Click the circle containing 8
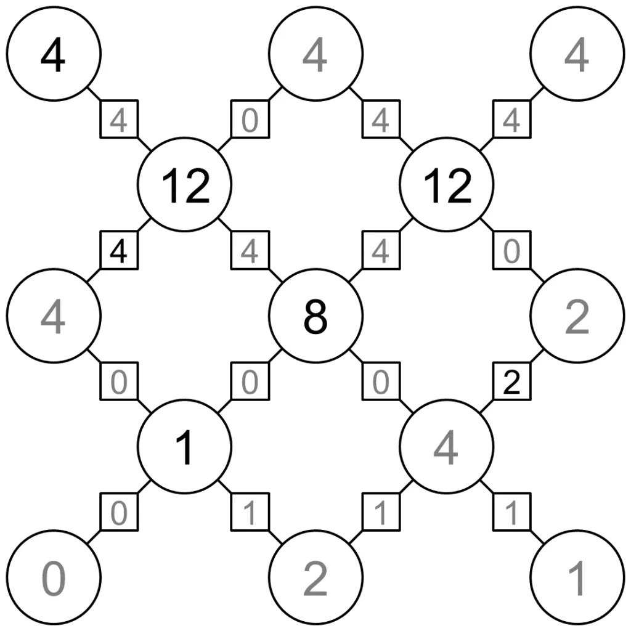(316, 316)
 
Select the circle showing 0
(54, 577)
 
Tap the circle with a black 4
(54, 54)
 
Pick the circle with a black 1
(185, 447)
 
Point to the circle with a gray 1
(577, 577)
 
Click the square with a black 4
(119, 250)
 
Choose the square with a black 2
(512, 381)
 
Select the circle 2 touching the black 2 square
(577, 316)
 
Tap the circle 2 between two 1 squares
(316, 577)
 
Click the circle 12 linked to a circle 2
(447, 185)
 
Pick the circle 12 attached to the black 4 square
(185, 185)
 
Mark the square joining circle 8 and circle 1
(250, 381)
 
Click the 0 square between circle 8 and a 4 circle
(381, 381)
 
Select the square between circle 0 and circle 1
(119, 512)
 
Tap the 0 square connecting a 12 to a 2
(512, 250)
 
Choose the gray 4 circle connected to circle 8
(447, 447)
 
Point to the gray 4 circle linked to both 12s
(316, 54)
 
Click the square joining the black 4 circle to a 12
(119, 119)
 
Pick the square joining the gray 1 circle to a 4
(512, 512)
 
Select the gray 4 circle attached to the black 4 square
(54, 316)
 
